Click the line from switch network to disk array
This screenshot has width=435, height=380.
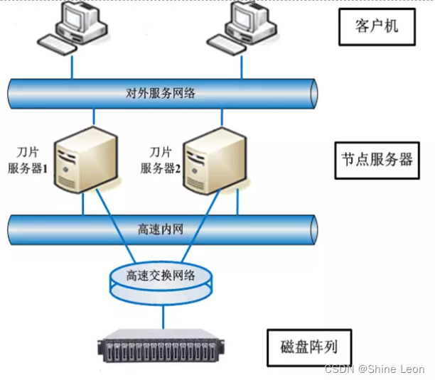(161, 316)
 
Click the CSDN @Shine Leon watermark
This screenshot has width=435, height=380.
(374, 369)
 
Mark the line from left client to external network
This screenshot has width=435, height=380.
(72, 67)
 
